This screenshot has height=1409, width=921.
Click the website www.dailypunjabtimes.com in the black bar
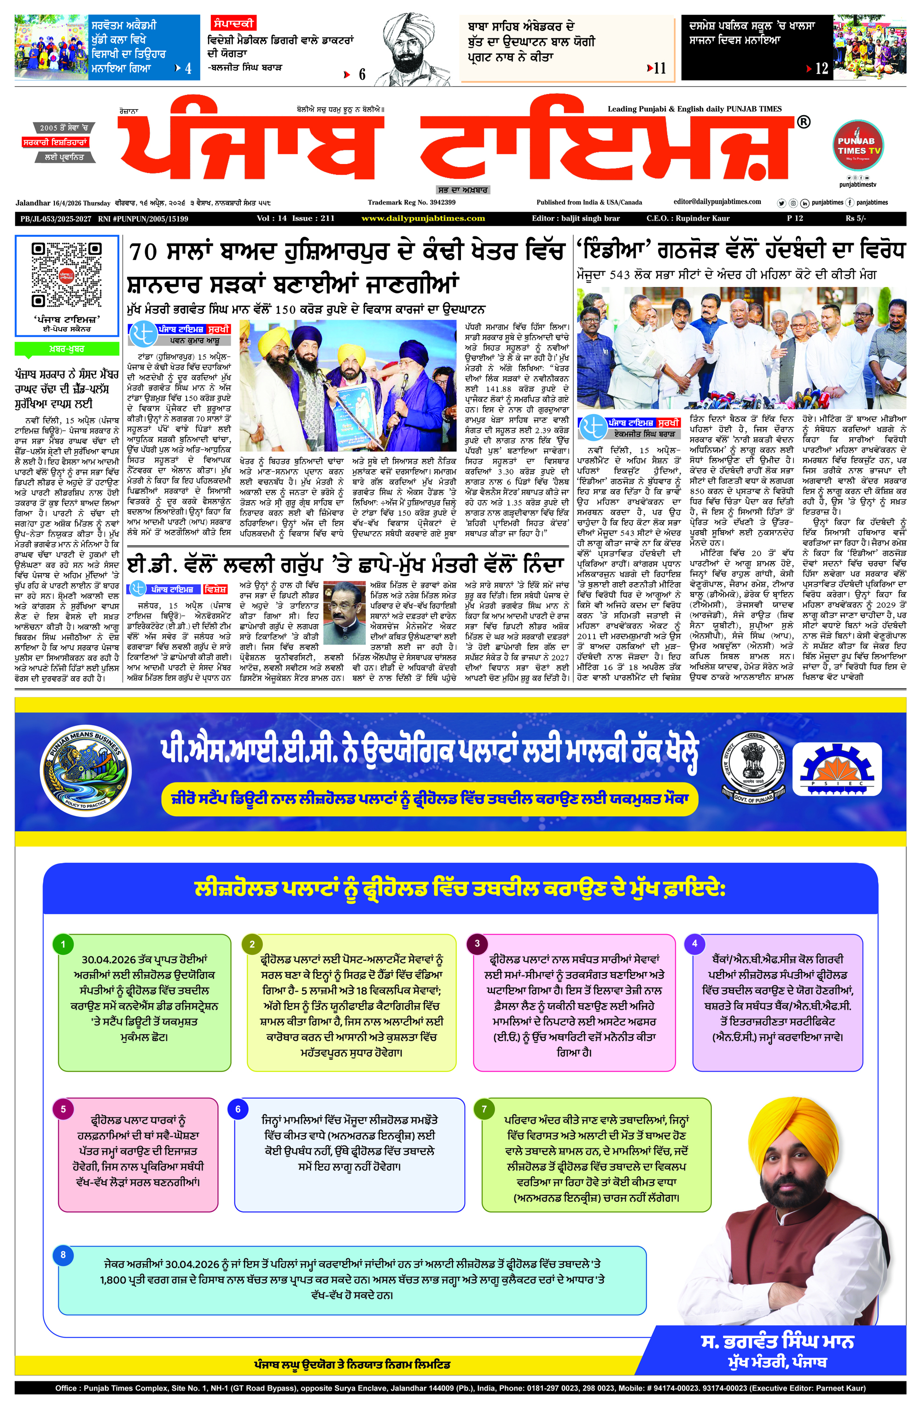point(423,218)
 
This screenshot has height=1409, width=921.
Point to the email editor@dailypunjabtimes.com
point(717,202)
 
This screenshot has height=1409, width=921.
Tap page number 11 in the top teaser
point(659,69)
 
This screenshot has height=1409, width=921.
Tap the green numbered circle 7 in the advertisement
point(484,1109)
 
